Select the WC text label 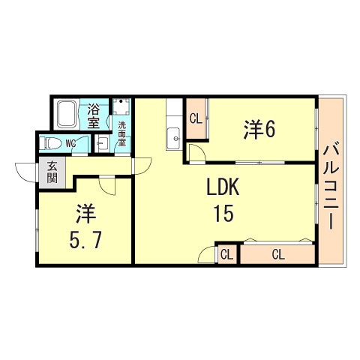(70, 142)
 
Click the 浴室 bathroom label (94, 115)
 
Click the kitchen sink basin (175, 137)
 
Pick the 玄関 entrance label (52, 172)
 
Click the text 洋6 (259, 129)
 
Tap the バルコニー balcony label (330, 187)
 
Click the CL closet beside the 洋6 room (195, 118)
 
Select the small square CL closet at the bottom (227, 255)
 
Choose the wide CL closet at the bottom (277, 255)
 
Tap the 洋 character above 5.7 (84, 214)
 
